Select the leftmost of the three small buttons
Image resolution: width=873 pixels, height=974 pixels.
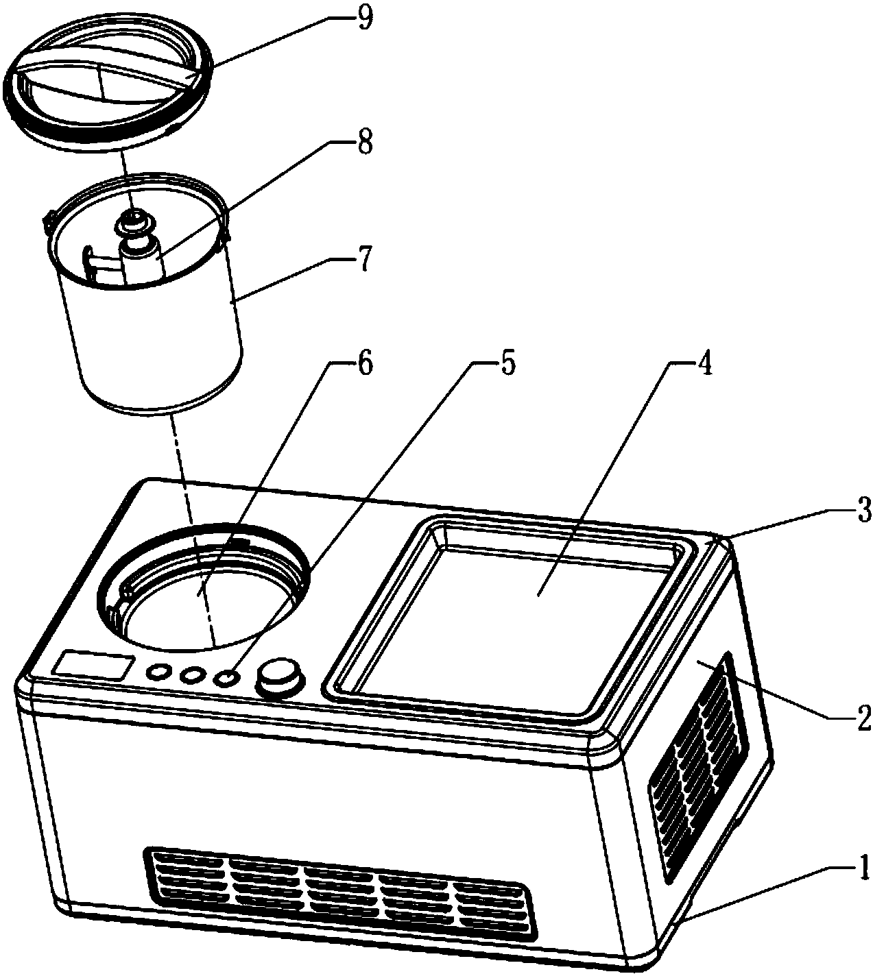(x=159, y=672)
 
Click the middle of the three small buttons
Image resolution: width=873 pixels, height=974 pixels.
(x=192, y=675)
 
